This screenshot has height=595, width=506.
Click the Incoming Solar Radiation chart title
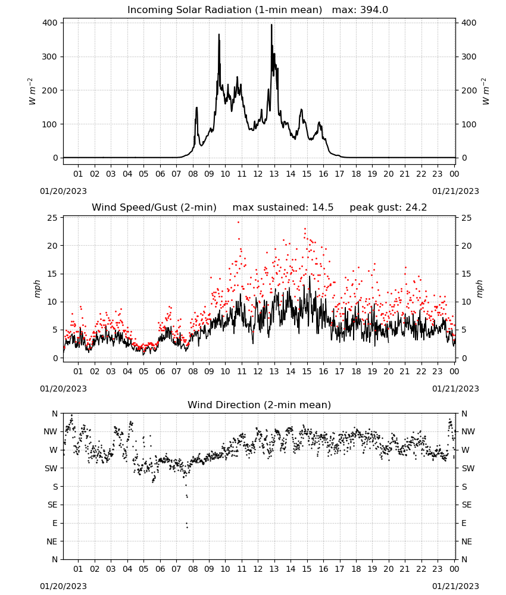224,10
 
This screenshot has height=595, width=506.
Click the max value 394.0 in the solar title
374,10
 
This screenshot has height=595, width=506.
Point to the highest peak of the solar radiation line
271,24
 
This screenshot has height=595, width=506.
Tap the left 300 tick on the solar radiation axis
50,57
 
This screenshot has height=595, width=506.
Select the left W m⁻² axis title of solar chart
32,91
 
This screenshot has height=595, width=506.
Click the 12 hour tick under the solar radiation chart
258,174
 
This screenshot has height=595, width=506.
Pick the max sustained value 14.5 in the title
323,208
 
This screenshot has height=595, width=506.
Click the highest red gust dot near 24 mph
238,222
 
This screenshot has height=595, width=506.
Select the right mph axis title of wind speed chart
479,289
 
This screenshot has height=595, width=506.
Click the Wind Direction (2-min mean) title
260,405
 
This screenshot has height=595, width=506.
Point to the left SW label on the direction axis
51,468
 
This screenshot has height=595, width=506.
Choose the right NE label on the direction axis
467,541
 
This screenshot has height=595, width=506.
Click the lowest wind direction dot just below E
187,527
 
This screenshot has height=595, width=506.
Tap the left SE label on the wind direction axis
52,505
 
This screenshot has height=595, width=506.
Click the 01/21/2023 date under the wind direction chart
455,586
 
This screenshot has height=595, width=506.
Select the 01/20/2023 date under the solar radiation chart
63,191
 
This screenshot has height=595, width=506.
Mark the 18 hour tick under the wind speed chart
355,371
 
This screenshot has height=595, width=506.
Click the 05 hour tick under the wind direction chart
143,569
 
